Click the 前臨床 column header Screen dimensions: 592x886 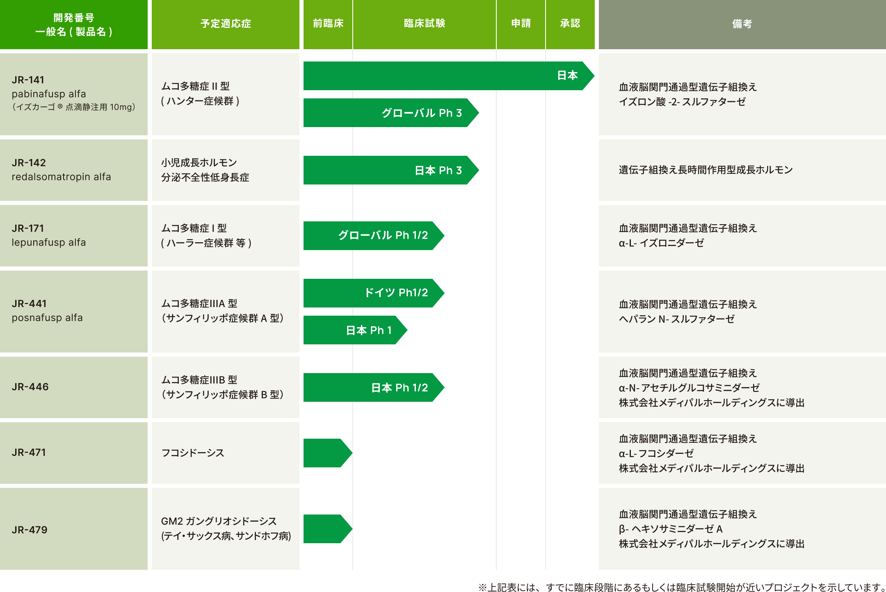click(328, 23)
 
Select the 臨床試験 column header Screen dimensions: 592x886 click(424, 23)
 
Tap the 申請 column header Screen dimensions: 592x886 click(521, 23)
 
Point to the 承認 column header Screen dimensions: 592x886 click(570, 23)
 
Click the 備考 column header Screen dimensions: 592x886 click(742, 24)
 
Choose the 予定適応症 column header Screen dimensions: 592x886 click(226, 23)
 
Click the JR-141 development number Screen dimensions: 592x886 click(28, 80)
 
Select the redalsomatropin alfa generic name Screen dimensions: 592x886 click(61, 177)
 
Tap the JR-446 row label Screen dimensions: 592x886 click(30, 387)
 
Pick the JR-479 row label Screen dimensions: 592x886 click(30, 530)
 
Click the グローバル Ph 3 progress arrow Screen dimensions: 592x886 click(390, 113)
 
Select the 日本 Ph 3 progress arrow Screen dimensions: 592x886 click(390, 170)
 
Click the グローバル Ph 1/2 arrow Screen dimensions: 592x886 click(373, 235)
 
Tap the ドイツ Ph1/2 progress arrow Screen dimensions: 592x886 click(373, 293)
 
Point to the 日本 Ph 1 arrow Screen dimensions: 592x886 click(355, 330)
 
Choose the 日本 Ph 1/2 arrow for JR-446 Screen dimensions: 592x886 click(373, 387)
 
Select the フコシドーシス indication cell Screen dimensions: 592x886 click(193, 453)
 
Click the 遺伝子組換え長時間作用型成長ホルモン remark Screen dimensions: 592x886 click(706, 170)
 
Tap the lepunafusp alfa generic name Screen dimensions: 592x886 click(49, 242)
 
